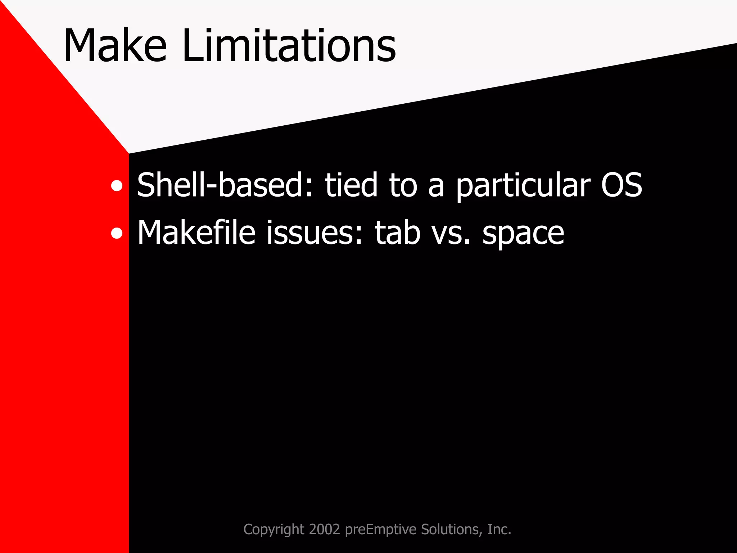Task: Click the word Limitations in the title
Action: coord(289,46)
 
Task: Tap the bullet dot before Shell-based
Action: coord(117,186)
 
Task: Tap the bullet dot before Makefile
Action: coord(117,234)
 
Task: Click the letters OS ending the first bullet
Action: coord(621,185)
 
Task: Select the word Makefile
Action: coord(196,233)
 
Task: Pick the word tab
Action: coord(398,233)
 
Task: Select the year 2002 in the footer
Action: coord(324,529)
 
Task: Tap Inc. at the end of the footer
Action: coord(499,529)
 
